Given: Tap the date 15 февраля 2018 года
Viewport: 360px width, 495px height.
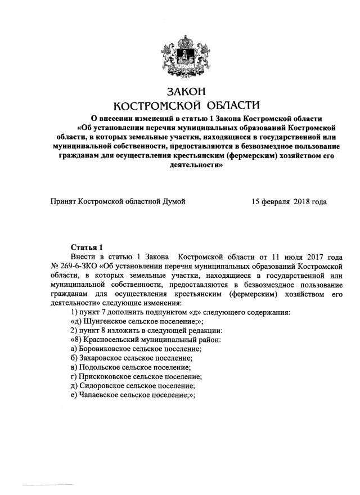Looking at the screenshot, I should (289, 201).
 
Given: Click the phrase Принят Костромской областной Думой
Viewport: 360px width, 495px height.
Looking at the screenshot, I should (118, 201).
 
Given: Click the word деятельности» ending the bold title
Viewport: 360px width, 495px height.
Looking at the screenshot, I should (186, 166).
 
